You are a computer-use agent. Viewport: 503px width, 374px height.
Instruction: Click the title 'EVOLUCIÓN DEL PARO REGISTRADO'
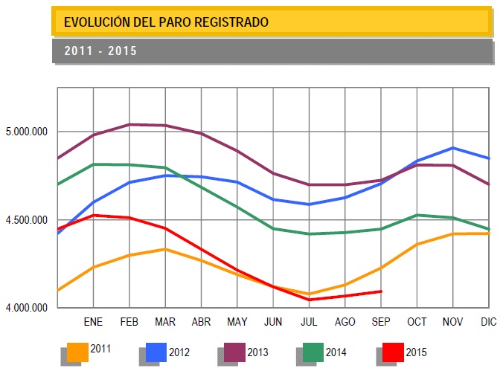click(x=166, y=22)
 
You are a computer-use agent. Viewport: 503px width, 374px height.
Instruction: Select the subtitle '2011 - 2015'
click(x=100, y=51)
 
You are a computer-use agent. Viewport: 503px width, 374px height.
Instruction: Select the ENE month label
click(x=93, y=322)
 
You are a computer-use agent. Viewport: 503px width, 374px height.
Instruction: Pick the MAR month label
click(x=165, y=322)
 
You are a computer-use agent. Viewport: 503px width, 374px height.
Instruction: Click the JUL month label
click(x=309, y=322)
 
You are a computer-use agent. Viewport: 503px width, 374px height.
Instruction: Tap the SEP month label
click(x=380, y=322)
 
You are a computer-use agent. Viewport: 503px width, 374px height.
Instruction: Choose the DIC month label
click(x=489, y=322)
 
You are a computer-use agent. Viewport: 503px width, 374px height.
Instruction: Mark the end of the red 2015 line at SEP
click(x=381, y=291)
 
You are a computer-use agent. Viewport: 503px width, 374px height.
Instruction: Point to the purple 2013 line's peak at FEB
click(x=129, y=124)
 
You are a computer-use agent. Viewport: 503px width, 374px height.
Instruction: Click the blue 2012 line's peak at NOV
click(x=453, y=148)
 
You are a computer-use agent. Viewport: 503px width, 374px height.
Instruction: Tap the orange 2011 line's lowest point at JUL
click(x=309, y=294)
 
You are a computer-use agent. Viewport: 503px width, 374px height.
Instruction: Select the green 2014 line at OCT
click(x=417, y=215)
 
